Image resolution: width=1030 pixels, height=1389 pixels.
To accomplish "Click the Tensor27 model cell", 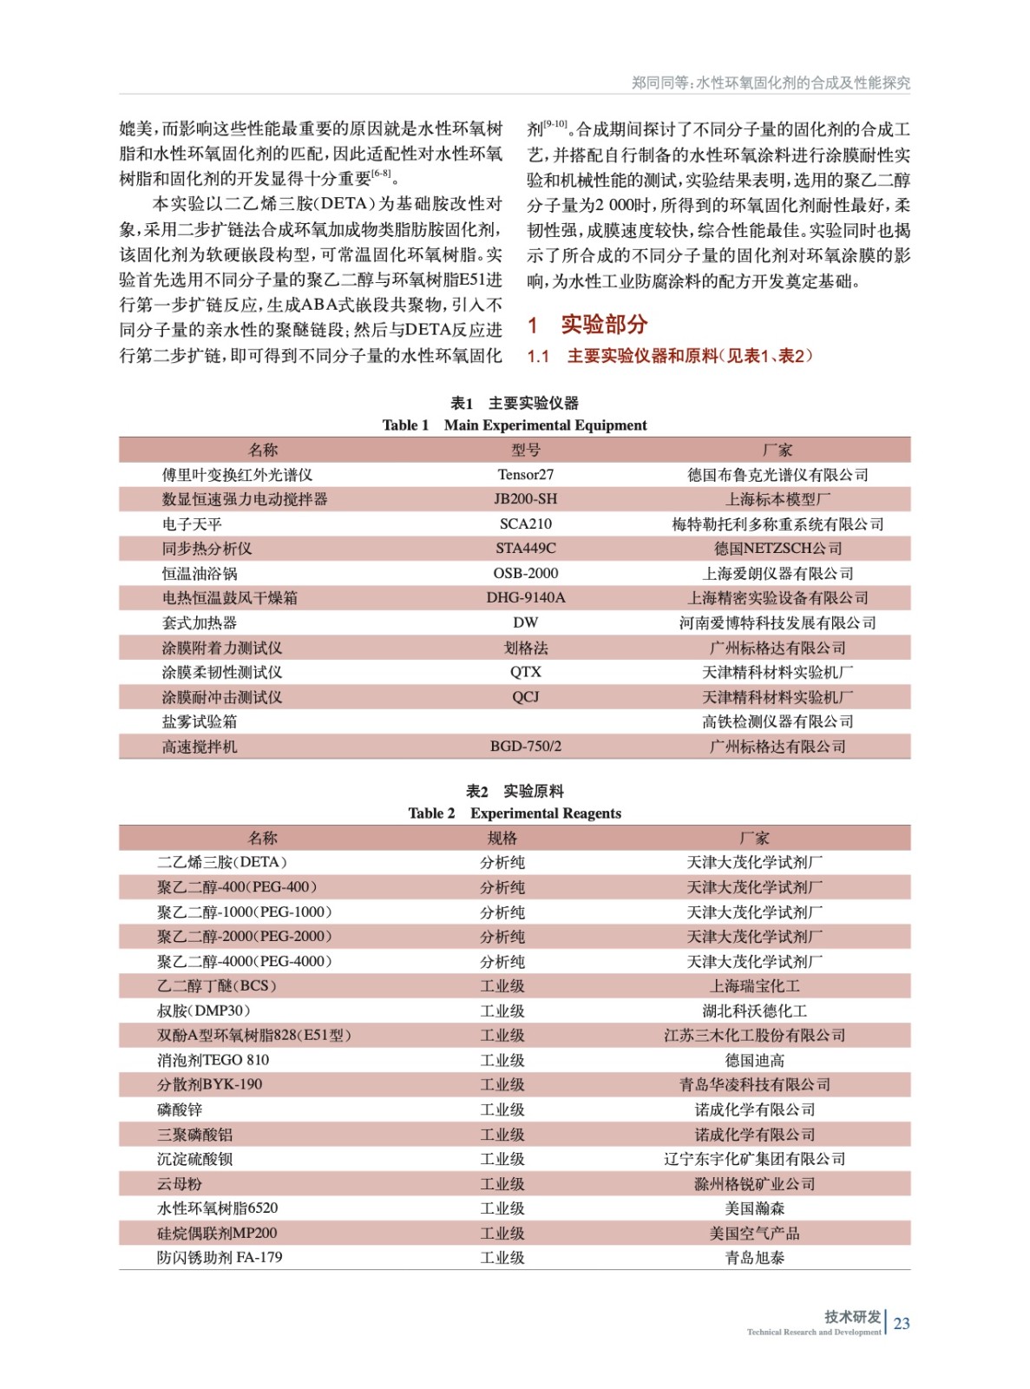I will coord(525,475).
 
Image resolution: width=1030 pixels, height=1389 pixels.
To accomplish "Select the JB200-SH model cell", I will coord(525,499).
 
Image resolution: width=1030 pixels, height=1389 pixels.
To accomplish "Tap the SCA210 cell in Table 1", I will coord(525,524).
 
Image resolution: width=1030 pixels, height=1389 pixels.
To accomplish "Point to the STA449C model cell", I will coord(525,549).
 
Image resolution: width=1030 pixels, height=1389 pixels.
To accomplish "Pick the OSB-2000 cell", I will coord(525,574).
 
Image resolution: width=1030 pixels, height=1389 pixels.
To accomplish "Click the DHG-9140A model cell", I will coord(525,598).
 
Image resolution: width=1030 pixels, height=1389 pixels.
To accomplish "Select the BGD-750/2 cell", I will coord(525,747).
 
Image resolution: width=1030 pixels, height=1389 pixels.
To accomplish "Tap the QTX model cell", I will coord(525,673).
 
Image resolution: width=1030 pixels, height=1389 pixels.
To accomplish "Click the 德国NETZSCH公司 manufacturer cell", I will coord(777,549).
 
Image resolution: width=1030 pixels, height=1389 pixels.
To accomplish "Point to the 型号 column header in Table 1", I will coord(525,450).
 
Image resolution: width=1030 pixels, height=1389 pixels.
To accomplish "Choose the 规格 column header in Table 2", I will coord(502,838).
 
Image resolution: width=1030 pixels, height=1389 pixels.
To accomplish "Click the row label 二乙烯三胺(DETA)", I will coord(222,862).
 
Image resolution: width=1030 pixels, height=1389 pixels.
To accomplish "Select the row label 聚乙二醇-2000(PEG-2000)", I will coord(245,937).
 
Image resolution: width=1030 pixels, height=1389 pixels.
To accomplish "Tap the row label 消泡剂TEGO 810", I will coord(213,1060).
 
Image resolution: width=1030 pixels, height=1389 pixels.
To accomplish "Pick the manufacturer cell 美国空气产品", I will coord(754,1233).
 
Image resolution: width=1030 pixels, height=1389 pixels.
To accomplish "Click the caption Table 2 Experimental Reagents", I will coord(515,813).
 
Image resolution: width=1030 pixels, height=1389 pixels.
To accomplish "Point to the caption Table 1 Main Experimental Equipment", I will coord(515,425).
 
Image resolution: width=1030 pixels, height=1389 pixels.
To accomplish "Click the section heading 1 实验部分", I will coord(588,325).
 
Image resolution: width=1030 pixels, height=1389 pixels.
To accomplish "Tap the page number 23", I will coord(902,1323).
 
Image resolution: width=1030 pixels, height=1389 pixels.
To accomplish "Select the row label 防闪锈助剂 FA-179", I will coord(220,1258).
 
